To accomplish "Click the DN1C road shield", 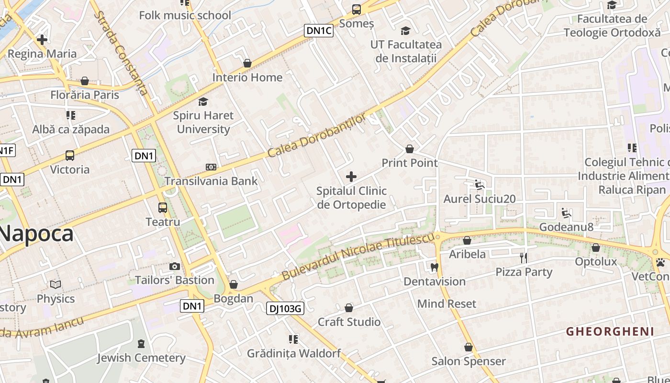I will tap(319, 31).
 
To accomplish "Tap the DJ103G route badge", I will tap(285, 309).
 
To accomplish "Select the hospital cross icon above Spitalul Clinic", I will tap(351, 177).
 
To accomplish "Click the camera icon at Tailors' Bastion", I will tap(175, 266).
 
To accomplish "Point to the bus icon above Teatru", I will tap(163, 208).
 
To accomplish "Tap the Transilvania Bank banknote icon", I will tap(211, 167).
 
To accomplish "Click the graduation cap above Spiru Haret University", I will tap(203, 101).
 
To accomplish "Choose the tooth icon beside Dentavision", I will tap(435, 267).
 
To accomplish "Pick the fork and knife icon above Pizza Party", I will tap(524, 258).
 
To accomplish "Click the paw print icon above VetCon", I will tap(660, 262).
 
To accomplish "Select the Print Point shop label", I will tap(410, 163).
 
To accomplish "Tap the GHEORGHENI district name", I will tap(610, 331).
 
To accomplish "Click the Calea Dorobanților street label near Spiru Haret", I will tap(317, 135).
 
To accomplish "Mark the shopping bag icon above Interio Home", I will tap(247, 63).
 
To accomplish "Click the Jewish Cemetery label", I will tap(141, 358).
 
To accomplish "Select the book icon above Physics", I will tap(56, 285).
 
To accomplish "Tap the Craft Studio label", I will tap(349, 322).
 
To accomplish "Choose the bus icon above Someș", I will tap(357, 9).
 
